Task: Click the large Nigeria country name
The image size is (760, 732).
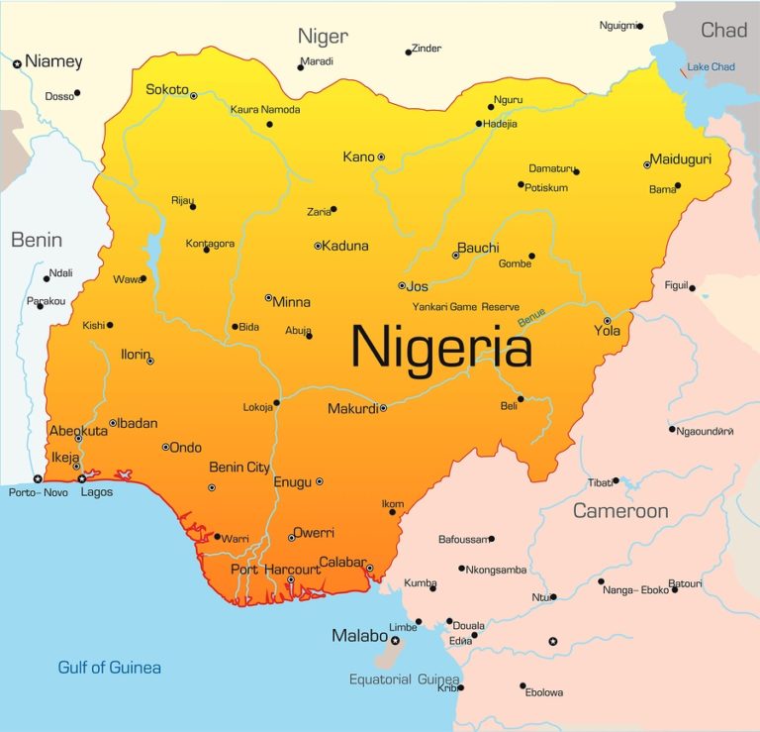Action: click(441, 348)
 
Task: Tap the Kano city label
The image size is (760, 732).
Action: click(357, 157)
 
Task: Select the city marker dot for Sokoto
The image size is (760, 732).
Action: click(194, 96)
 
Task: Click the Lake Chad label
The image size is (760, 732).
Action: click(711, 66)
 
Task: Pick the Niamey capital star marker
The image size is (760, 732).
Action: click(17, 63)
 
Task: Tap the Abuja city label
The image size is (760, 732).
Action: click(298, 331)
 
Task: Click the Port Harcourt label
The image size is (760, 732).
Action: click(275, 570)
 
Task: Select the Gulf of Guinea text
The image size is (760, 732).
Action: click(109, 667)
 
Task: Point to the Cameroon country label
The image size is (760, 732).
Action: click(620, 511)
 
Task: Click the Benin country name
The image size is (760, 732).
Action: click(37, 240)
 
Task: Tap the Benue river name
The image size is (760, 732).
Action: click(531, 318)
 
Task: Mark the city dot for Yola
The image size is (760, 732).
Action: click(607, 320)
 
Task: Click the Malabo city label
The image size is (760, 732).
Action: click(358, 636)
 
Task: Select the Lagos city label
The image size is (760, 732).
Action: click(96, 492)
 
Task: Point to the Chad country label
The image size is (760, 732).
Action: click(723, 30)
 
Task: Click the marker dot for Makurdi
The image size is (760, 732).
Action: click(383, 408)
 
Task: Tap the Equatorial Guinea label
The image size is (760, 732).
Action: click(404, 680)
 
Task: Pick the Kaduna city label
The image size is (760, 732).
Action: click(345, 246)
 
